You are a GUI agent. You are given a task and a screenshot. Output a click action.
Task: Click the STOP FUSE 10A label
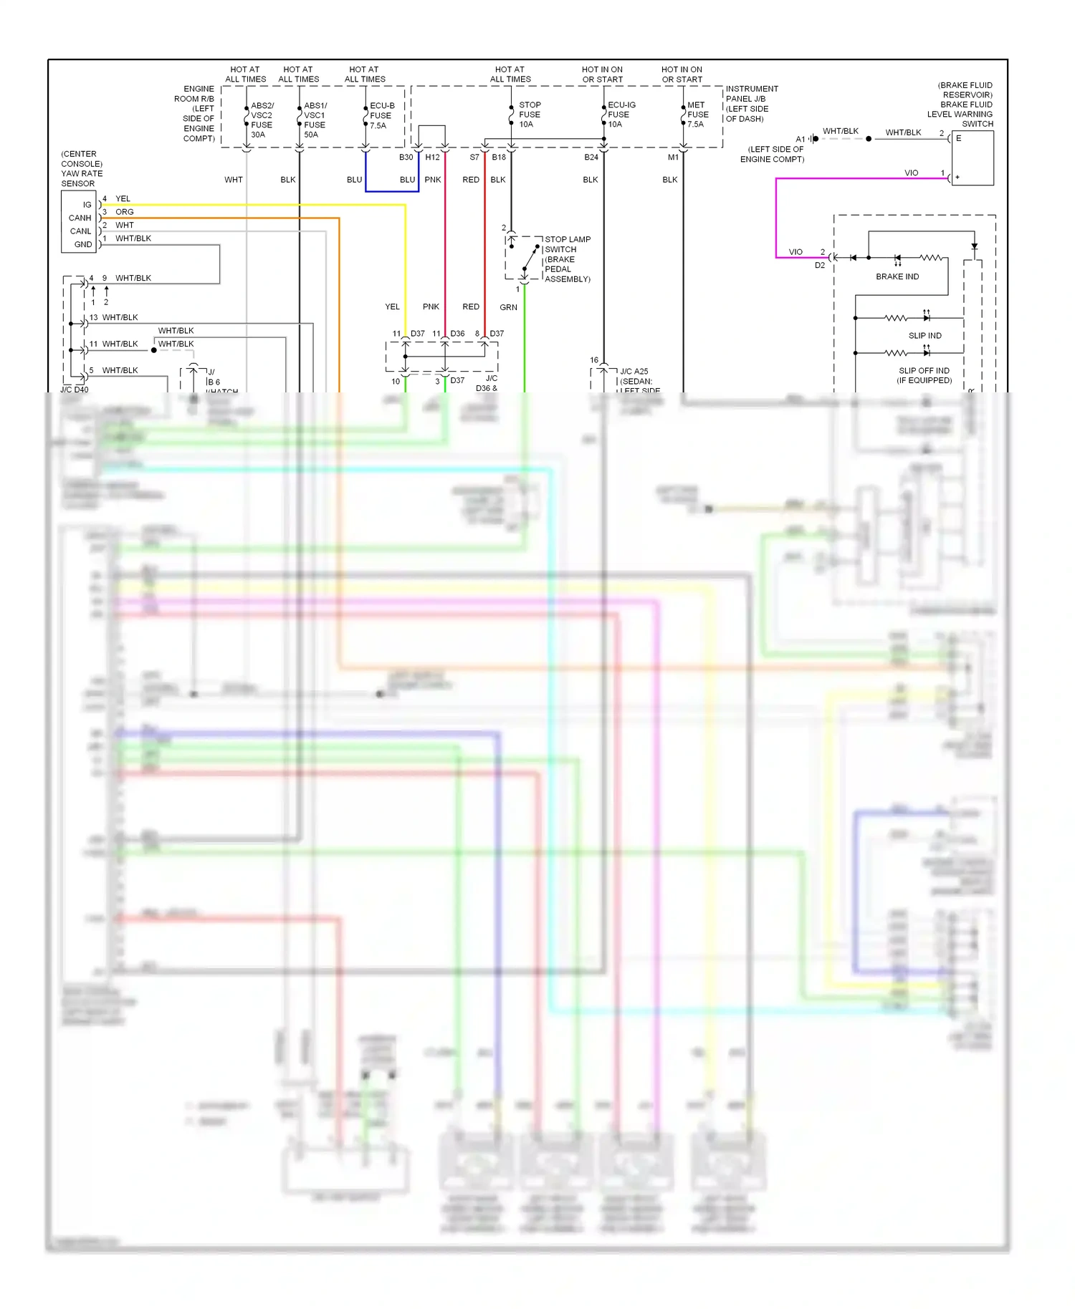pos(530,115)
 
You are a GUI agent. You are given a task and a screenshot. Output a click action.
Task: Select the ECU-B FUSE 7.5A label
pos(381,115)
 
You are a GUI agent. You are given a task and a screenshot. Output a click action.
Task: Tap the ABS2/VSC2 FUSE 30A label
pos(262,120)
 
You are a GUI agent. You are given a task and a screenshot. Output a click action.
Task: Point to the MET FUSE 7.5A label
pos(697,115)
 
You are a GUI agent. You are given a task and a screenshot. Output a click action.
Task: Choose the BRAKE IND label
pos(897,276)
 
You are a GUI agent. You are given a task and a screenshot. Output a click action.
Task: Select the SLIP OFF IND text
pos(924,371)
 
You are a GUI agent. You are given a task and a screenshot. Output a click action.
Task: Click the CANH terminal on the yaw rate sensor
pos(80,218)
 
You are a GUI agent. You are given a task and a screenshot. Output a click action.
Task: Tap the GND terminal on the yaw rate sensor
pos(83,244)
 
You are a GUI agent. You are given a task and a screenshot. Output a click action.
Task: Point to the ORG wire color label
pos(125,212)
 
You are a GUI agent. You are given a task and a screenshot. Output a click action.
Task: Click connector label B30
pos(406,158)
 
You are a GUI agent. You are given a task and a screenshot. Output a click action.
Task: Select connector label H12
pos(432,158)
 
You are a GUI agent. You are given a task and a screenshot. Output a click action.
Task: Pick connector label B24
pos(591,158)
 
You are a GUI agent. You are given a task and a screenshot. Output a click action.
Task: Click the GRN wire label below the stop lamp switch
pos(508,307)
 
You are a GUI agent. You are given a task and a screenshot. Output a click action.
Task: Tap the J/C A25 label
pos(634,372)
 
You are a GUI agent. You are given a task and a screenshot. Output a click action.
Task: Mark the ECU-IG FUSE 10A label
pos(621,115)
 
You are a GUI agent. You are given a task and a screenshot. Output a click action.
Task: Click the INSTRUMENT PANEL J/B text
pos(751,94)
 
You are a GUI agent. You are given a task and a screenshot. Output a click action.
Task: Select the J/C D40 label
pos(75,390)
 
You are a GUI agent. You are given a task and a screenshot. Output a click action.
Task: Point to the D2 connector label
pos(820,265)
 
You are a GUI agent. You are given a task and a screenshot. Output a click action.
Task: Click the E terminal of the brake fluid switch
pos(958,138)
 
